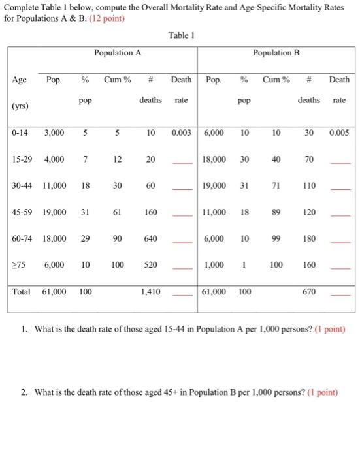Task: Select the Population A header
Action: (117, 52)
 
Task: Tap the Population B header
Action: (277, 52)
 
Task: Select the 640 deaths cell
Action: (150, 239)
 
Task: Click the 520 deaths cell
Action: (150, 266)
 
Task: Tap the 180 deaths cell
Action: (310, 239)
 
